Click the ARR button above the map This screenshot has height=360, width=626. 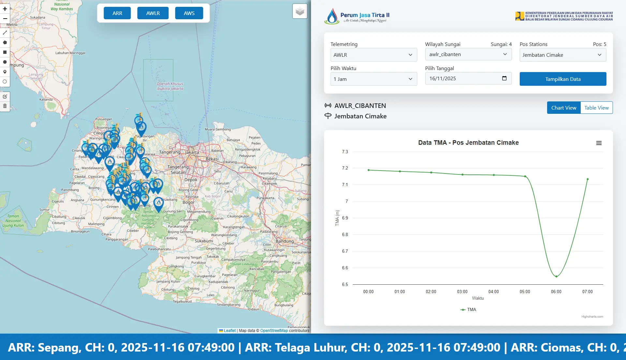117,13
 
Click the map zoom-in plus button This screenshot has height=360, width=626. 5,9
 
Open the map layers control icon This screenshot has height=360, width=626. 300,12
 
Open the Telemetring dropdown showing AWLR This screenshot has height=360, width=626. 374,55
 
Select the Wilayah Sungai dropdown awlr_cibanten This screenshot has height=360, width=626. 468,54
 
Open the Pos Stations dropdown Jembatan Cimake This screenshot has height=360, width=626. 563,55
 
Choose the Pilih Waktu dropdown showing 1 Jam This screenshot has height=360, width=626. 374,79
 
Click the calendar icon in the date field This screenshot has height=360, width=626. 504,78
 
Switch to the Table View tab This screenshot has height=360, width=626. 596,108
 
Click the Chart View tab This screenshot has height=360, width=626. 564,108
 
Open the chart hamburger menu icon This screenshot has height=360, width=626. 599,143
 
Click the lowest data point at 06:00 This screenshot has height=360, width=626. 556,277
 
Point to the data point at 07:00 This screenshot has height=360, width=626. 588,179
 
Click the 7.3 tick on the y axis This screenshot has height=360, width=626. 345,152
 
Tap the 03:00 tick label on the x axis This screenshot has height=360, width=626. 462,292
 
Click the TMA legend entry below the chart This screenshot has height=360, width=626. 469,309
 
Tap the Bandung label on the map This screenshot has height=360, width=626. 285,241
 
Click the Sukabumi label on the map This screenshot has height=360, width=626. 204,241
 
